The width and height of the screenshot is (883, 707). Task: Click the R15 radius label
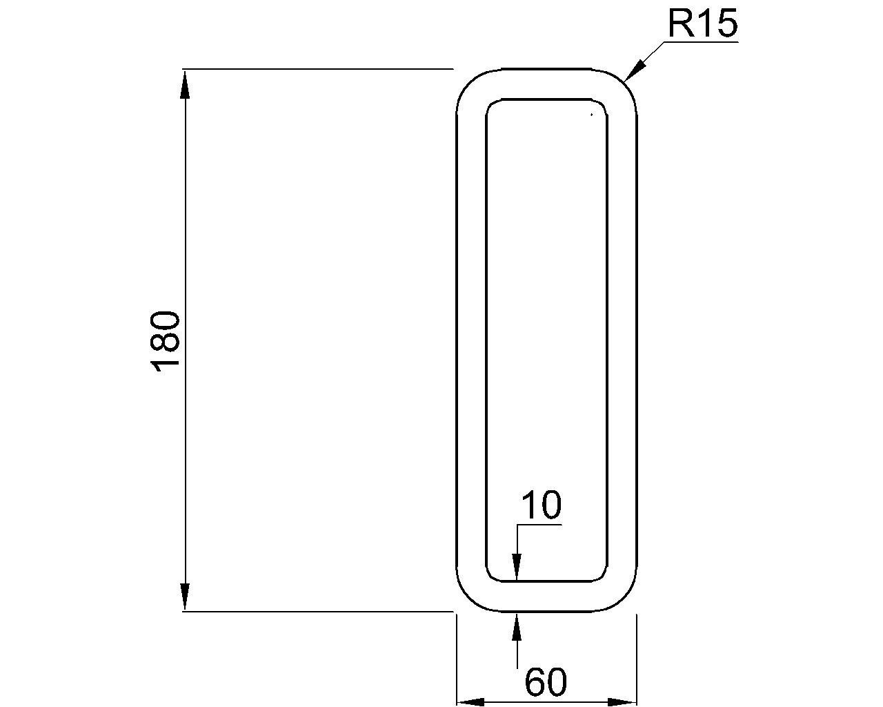702,25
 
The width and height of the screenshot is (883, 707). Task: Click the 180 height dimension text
166,342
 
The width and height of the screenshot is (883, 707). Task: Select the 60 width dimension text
546,682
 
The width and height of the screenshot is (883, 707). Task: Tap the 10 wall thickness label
542,505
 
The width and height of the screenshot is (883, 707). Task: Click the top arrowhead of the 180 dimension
185,84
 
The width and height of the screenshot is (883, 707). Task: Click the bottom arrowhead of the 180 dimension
185,597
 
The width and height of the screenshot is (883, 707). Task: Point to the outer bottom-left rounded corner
469,598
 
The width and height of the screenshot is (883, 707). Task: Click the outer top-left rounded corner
469,82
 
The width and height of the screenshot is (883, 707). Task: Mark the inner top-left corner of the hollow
492,105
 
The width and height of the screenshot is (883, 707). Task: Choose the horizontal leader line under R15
700,43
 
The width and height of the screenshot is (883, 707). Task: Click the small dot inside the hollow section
591,114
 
